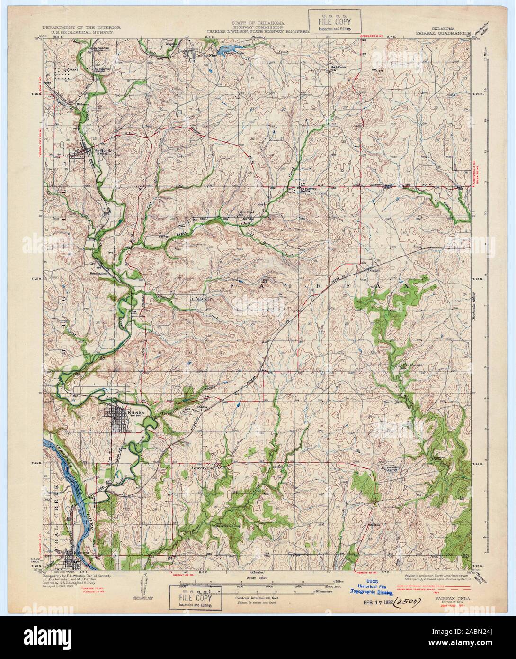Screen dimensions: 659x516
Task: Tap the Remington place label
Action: point(101,274)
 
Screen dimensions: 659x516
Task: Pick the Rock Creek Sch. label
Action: point(339,68)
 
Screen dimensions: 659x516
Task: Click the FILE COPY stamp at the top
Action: point(335,21)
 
